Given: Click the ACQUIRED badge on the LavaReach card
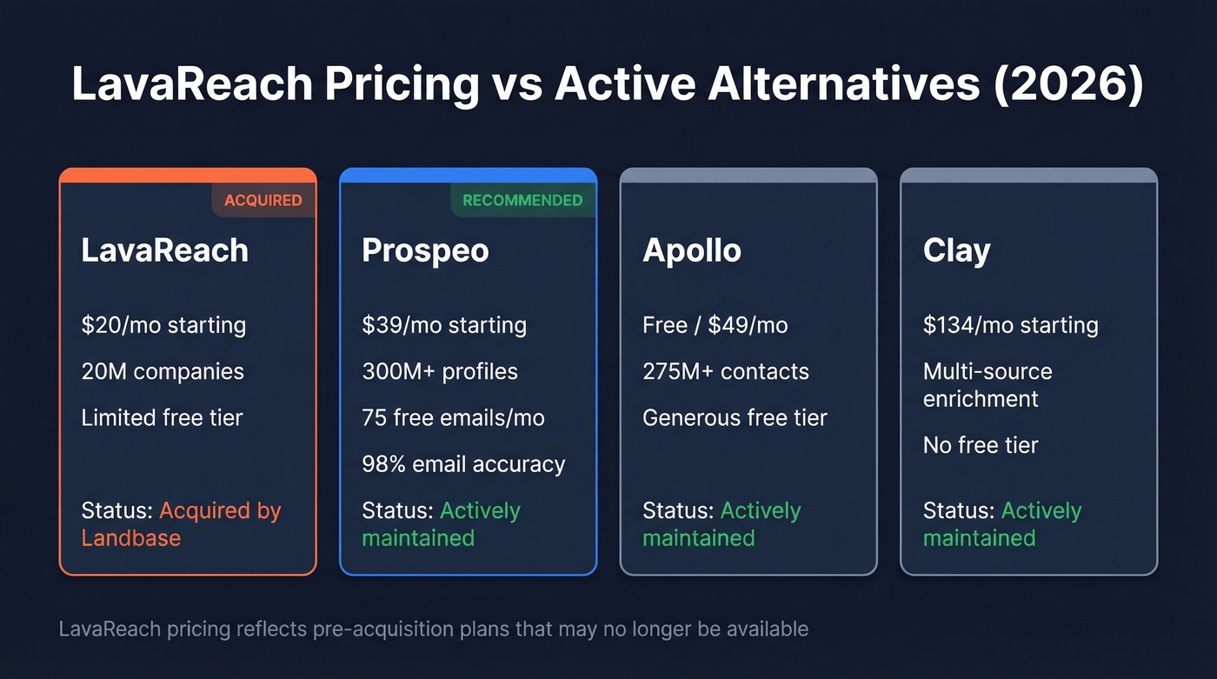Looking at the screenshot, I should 263,200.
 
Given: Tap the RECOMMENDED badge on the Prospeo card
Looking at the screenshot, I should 522,200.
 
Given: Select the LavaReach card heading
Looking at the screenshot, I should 164,250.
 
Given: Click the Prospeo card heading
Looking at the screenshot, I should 425,250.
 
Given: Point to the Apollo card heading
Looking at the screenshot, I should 691,250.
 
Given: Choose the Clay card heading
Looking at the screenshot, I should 956,250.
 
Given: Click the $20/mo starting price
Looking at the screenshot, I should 163,325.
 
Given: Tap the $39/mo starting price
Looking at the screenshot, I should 444,325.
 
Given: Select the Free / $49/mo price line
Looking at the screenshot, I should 715,325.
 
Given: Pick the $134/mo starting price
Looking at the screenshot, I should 1010,325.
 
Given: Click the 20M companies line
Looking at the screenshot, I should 163,371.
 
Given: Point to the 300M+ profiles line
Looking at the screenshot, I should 439,371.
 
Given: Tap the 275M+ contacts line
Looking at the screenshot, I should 725,371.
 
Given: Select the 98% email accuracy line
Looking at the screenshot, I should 463,464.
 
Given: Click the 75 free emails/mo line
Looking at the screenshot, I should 453,417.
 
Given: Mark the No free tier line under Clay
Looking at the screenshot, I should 981,445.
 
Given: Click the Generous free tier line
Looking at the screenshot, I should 735,417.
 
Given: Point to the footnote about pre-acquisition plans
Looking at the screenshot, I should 433,628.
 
